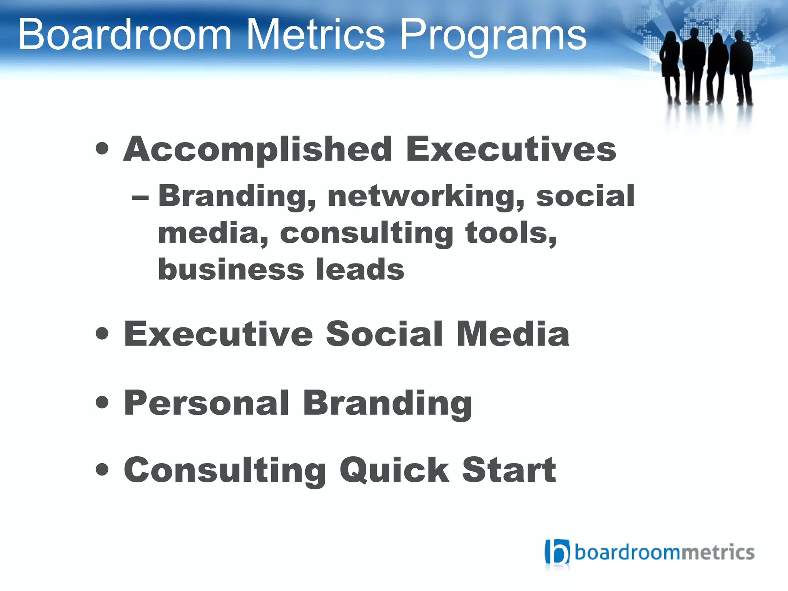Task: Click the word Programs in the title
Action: (x=493, y=35)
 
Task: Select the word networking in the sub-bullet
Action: (x=426, y=196)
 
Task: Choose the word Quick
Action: (x=394, y=470)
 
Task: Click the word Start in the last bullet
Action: (x=509, y=470)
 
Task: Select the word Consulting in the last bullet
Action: (x=225, y=471)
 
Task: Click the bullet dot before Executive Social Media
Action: (x=102, y=333)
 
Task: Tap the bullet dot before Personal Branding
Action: (x=102, y=403)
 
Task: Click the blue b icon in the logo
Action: (x=557, y=553)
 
